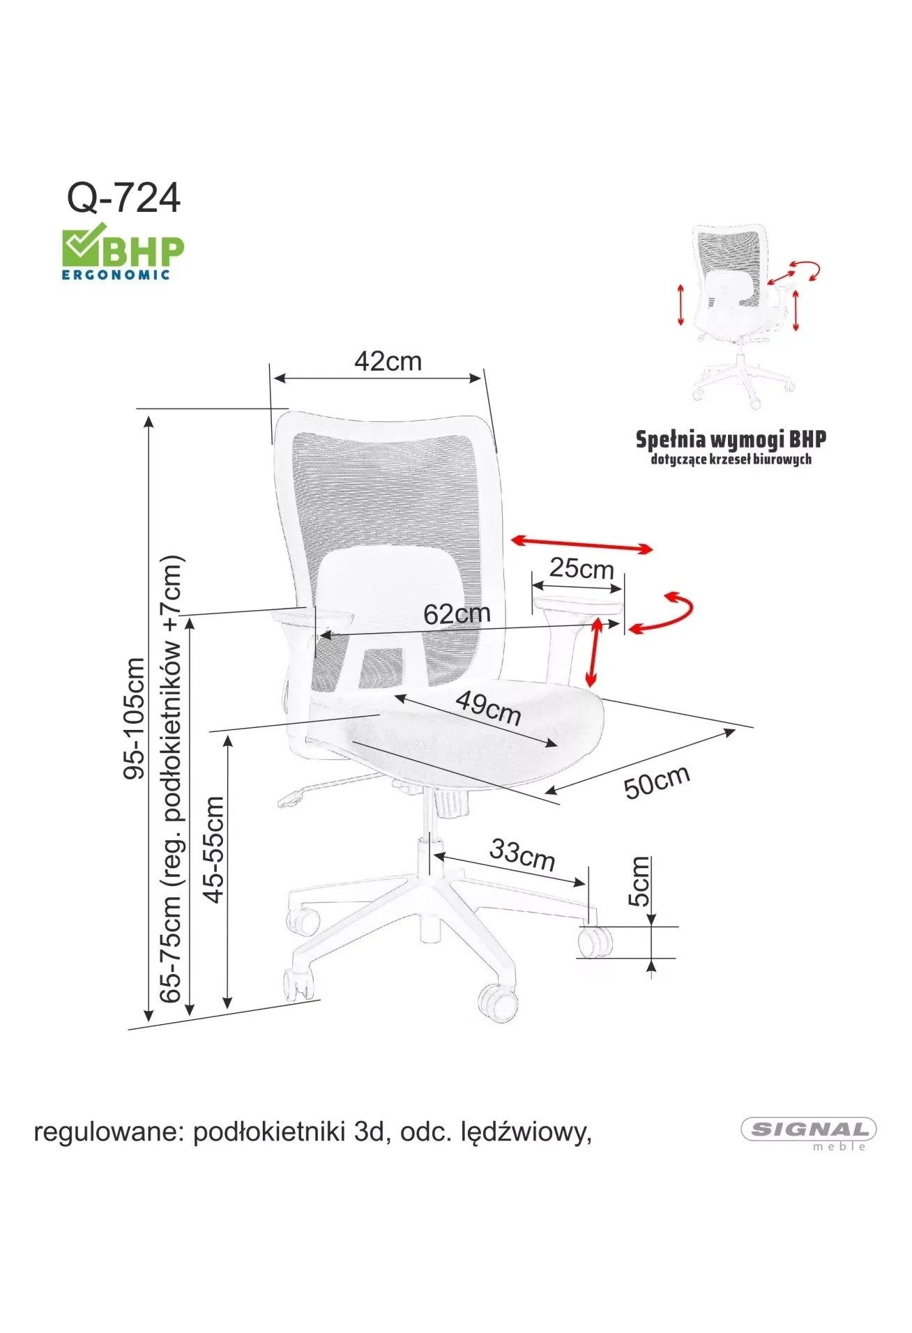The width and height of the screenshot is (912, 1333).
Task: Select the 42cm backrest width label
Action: pyautogui.click(x=388, y=361)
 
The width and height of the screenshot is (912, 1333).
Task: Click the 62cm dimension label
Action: pyautogui.click(x=457, y=614)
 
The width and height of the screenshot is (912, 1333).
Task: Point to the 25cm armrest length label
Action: pyautogui.click(x=582, y=568)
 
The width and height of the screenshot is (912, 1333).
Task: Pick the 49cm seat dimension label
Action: pyautogui.click(x=488, y=708)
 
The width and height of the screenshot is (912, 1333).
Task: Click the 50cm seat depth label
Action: pyautogui.click(x=657, y=781)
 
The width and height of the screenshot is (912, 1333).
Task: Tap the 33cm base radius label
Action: pyautogui.click(x=522, y=854)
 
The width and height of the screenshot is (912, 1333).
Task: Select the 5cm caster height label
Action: pyautogui.click(x=639, y=881)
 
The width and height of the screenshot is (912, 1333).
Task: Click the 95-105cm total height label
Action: pyautogui.click(x=133, y=718)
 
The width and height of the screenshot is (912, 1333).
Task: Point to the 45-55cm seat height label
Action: pyautogui.click(x=213, y=849)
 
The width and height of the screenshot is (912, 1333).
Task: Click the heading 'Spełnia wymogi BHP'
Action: pyautogui.click(x=731, y=439)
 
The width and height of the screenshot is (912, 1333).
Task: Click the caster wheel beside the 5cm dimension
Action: pyautogui.click(x=596, y=941)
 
